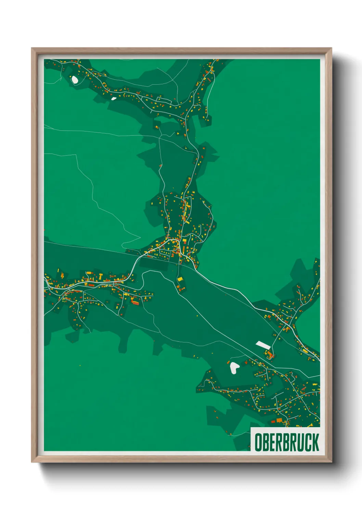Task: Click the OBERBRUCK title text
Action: point(287,442)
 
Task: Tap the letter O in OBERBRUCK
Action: point(259,442)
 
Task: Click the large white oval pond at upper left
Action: point(74,79)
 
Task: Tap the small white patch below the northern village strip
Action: point(114,98)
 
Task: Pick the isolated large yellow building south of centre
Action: point(180,279)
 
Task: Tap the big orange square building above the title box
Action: point(279,420)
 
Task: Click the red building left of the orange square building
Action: point(273,421)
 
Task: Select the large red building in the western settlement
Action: point(135,303)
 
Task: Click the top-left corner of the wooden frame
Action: point(32,48)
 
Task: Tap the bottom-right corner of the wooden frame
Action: point(331,462)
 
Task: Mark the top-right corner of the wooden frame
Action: point(331,48)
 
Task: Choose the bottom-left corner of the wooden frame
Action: point(32,462)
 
